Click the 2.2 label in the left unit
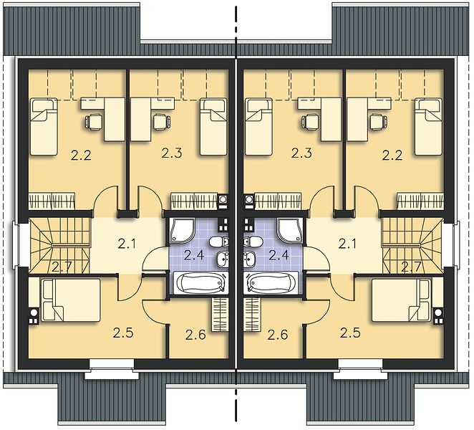pyautogui.click(x=81, y=156)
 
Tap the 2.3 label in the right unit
pyautogui.click(x=301, y=153)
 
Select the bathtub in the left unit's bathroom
pyautogui.click(x=200, y=282)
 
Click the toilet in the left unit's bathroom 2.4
pyautogui.click(x=218, y=242)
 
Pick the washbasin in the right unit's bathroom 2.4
pyautogui.click(x=251, y=259)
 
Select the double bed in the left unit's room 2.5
pyautogui.click(x=71, y=300)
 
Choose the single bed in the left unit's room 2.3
pyautogui.click(x=213, y=126)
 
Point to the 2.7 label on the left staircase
pyautogui.click(x=62, y=267)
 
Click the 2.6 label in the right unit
pyautogui.click(x=278, y=335)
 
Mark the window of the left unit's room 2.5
pyautogui.click(x=112, y=368)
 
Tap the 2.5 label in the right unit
pyautogui.click(x=350, y=333)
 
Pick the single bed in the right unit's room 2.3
pyautogui.click(x=258, y=126)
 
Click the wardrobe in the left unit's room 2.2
pyautogui.click(x=52, y=201)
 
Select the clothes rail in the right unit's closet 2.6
pyautogui.click(x=252, y=315)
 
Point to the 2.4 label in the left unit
pyautogui.click(x=194, y=255)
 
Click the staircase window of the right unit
pyautogui.click(x=456, y=244)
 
